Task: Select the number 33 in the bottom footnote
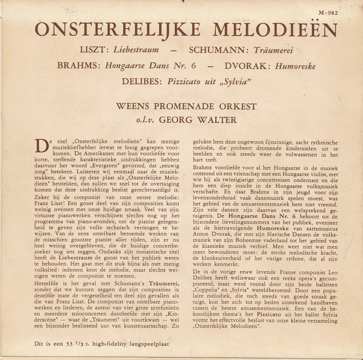[65, 347]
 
